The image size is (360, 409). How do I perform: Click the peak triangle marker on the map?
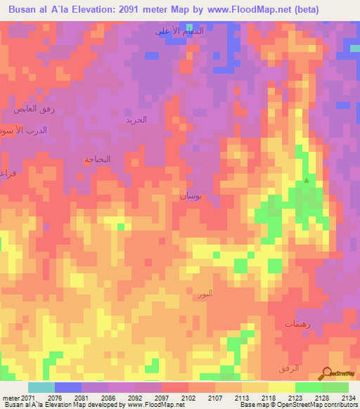pos(306,181)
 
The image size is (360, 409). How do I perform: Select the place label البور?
pos(203,293)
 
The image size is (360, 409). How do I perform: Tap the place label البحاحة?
pos(98,160)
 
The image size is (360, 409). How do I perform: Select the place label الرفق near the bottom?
pos(300,368)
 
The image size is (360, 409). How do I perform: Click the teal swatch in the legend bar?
pos(41,387)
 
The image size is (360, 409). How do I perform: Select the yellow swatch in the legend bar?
pos(281,387)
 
